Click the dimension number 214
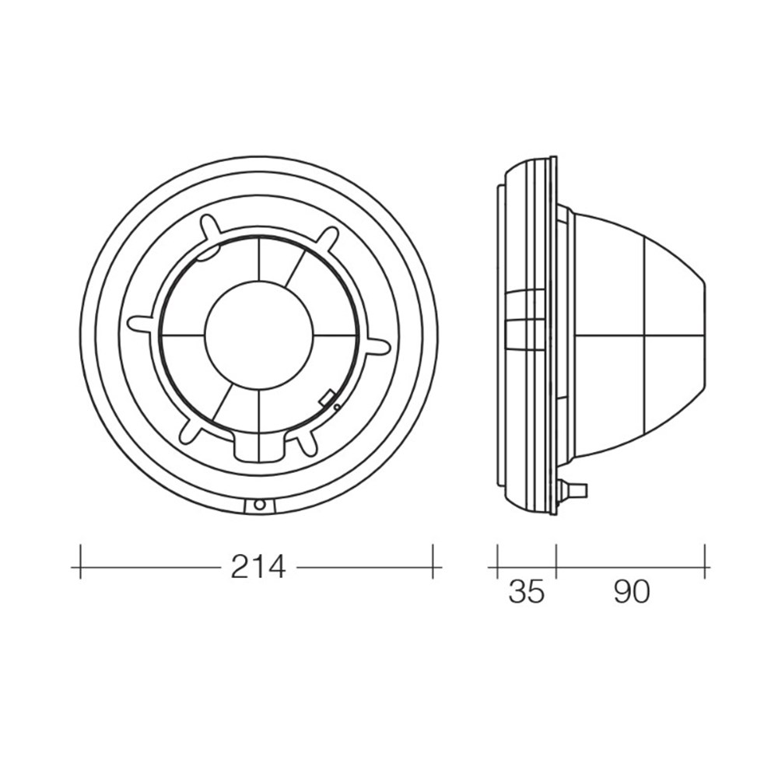click(x=258, y=566)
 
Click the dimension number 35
click(x=527, y=591)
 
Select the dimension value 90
click(x=632, y=591)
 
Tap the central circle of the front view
click(x=259, y=335)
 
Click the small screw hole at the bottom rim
click(x=259, y=505)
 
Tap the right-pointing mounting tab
click(x=378, y=346)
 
